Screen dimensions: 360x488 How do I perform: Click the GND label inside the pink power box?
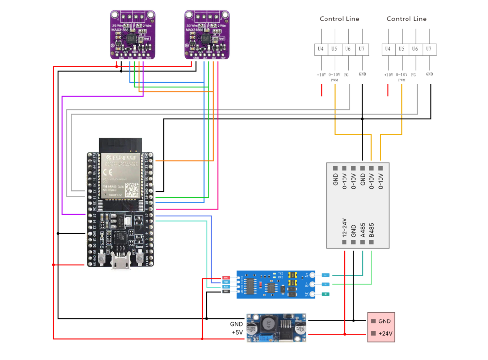(385, 321)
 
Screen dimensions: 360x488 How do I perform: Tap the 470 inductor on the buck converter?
(268, 325)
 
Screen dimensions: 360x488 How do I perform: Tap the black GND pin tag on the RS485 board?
(226, 292)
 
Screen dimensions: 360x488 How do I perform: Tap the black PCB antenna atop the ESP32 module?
(120, 144)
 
